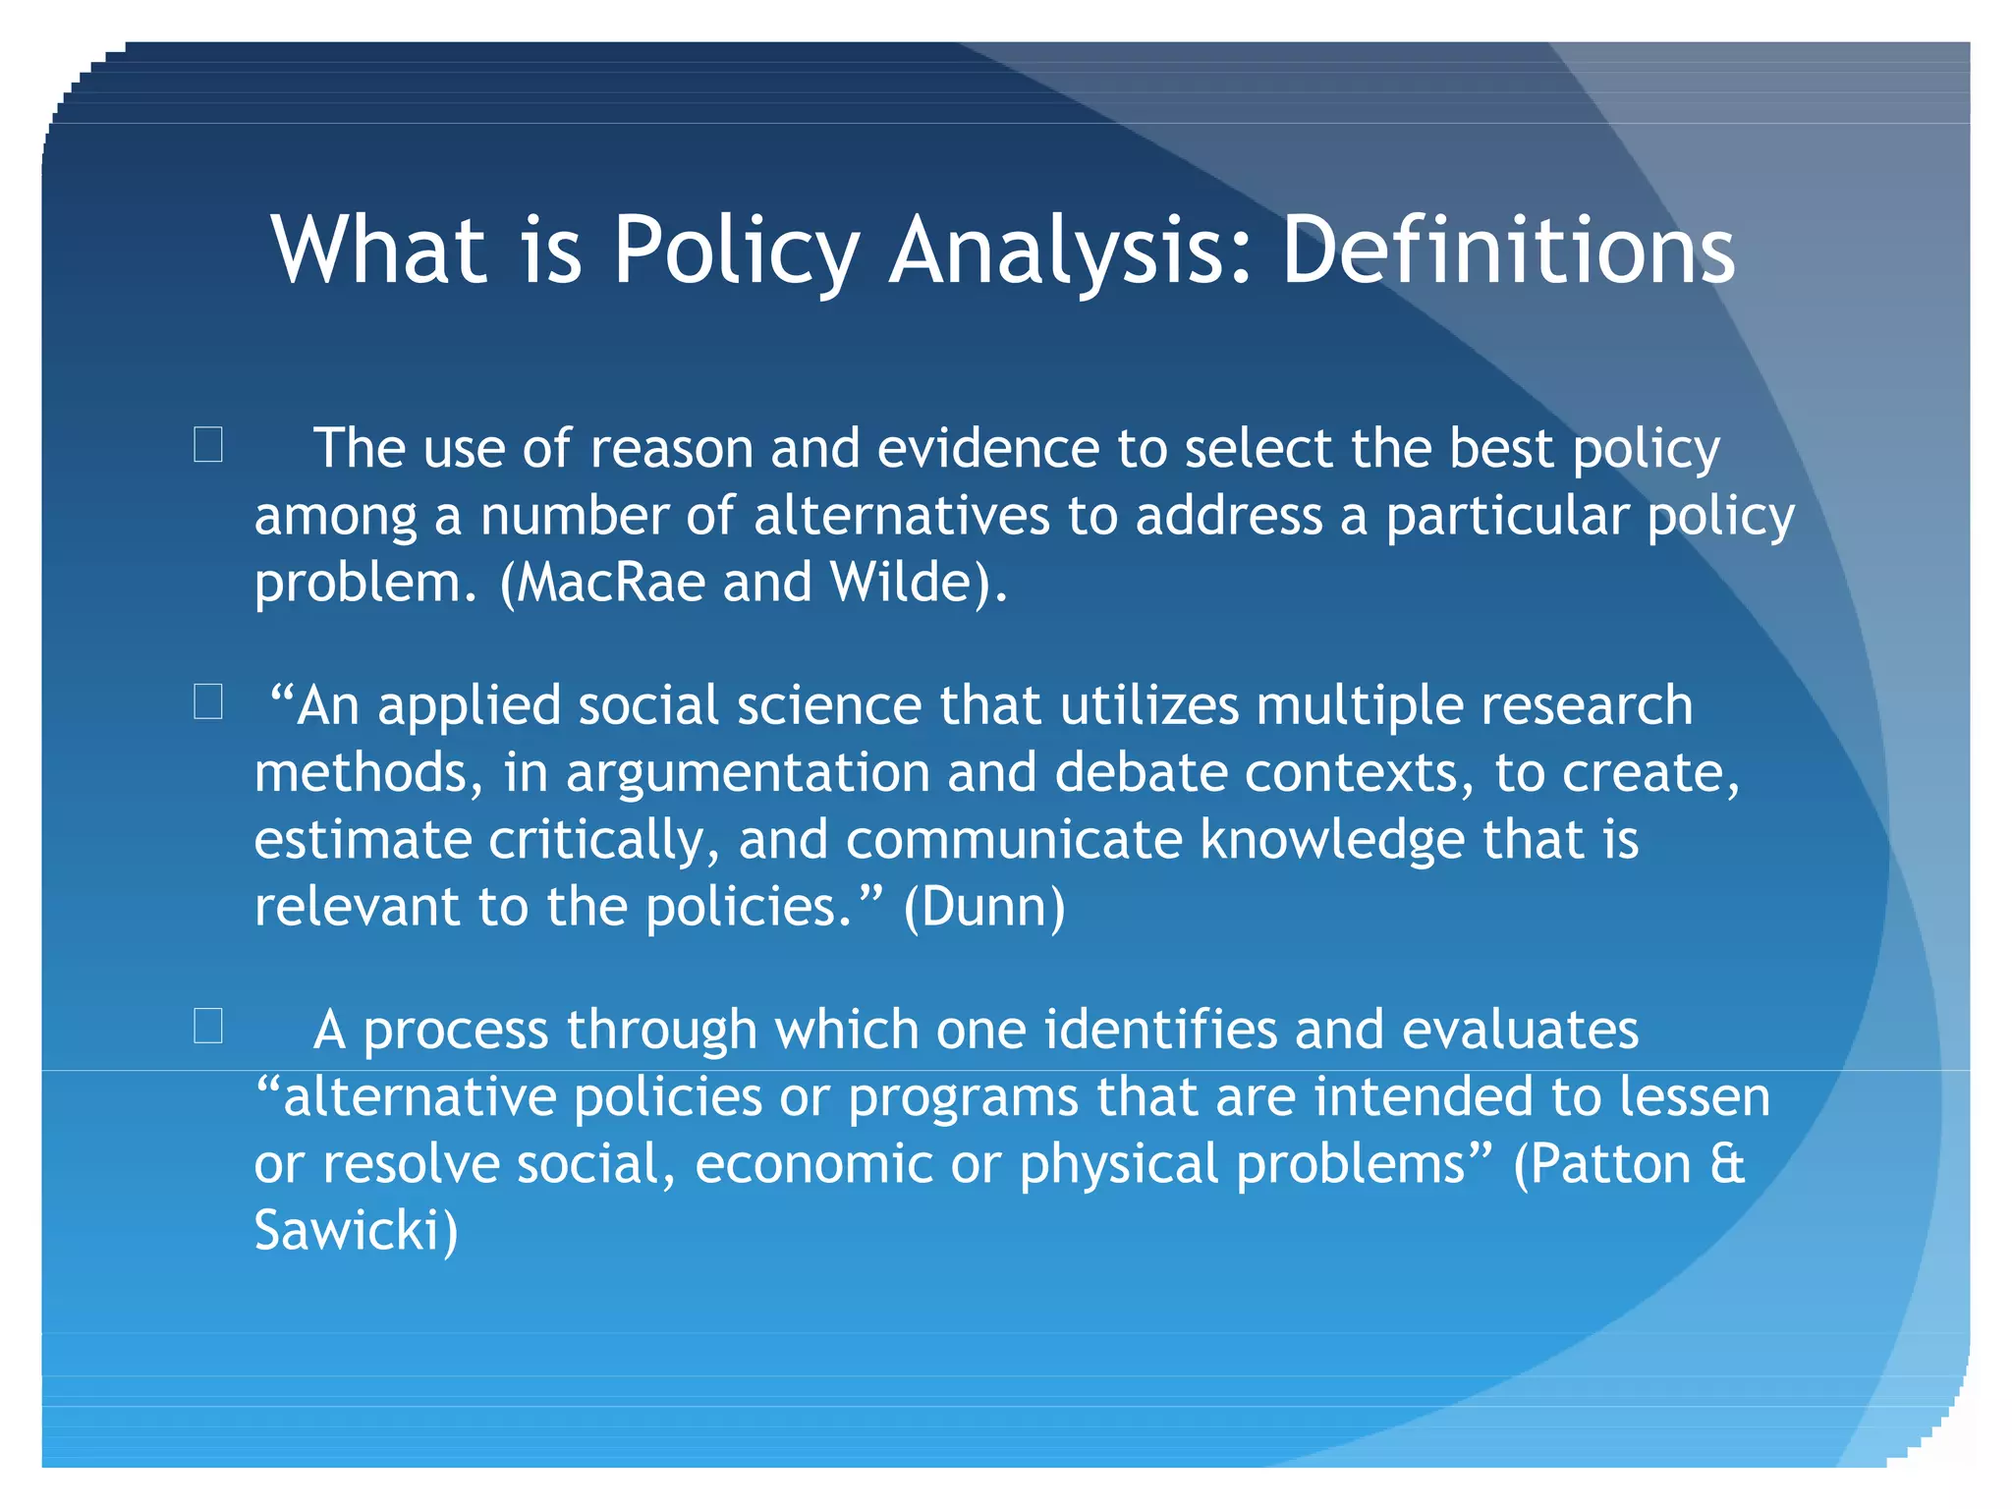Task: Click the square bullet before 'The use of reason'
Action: coord(208,444)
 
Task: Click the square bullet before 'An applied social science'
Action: coord(208,701)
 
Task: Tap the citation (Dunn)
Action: coord(983,906)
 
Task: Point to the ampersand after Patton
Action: coord(1727,1163)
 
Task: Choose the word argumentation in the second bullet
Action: coord(748,773)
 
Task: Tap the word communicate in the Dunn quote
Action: coord(1014,840)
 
